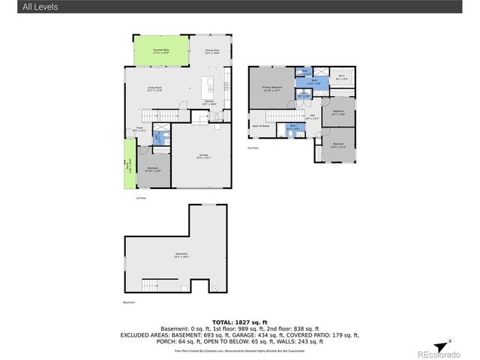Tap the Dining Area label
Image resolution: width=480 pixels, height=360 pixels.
coord(212,52)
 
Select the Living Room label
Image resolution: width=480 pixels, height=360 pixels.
coord(155,90)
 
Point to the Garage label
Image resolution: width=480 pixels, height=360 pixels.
coord(203,156)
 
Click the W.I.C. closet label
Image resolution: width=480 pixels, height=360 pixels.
coord(341,77)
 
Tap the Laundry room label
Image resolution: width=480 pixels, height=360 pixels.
coord(304,96)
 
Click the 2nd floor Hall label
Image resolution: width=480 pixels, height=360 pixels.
coord(313,117)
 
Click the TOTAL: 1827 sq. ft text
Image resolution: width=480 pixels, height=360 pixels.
coord(240,321)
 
